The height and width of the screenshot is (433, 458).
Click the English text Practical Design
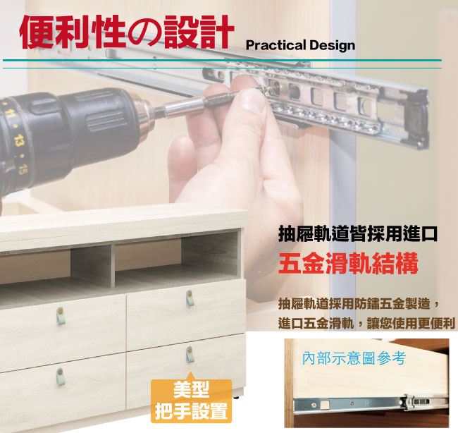300,45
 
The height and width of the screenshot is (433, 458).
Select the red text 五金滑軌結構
348,264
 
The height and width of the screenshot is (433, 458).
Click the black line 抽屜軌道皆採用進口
358,234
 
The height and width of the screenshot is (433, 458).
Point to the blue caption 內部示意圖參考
354,358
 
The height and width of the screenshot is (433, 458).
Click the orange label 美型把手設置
191,401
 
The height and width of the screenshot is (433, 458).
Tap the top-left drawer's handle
60,317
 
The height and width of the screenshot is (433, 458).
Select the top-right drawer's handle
190,298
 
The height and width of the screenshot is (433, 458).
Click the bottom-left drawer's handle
60,377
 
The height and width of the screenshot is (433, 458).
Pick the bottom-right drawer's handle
190,354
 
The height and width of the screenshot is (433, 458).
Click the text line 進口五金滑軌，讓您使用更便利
366,324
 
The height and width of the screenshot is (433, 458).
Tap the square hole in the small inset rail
324,405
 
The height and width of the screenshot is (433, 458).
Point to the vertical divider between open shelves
113,265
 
